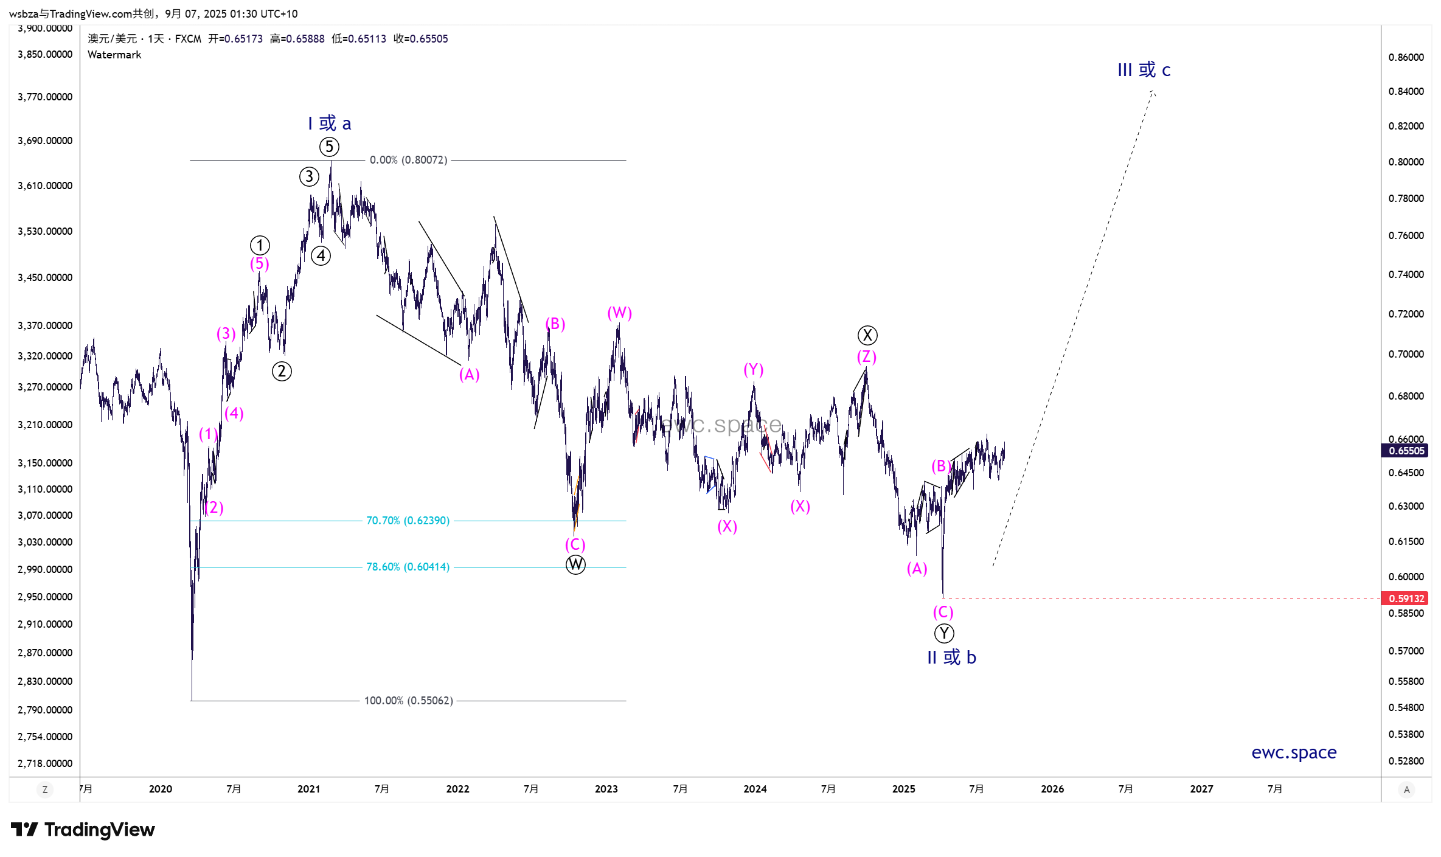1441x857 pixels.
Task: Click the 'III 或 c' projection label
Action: [x=1144, y=70]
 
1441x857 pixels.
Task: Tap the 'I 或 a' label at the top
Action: [x=329, y=123]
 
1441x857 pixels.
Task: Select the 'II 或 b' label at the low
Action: [x=951, y=657]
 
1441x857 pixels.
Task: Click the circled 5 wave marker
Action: [x=329, y=147]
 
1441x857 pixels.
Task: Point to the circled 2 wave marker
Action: [x=282, y=371]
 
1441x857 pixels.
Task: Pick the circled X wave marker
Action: [x=867, y=335]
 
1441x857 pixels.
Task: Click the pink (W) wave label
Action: [x=619, y=313]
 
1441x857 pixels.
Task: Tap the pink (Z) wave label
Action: [x=867, y=356]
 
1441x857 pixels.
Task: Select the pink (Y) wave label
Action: [x=754, y=369]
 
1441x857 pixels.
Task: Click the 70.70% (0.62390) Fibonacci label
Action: [x=408, y=521]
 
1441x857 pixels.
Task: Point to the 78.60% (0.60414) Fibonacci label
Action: [x=408, y=567]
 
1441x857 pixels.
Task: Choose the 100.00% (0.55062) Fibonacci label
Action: [x=408, y=701]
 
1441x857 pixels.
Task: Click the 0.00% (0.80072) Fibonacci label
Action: [x=408, y=160]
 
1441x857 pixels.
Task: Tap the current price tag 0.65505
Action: [x=1406, y=451]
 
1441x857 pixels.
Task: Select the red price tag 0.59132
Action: [x=1406, y=599]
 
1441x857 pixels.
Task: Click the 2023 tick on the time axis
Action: [x=606, y=789]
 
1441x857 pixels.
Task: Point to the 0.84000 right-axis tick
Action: [x=1406, y=91]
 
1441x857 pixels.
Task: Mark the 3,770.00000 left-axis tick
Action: [x=45, y=97]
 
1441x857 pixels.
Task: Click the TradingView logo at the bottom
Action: [x=83, y=830]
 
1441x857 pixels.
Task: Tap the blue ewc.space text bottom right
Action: [x=1294, y=752]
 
